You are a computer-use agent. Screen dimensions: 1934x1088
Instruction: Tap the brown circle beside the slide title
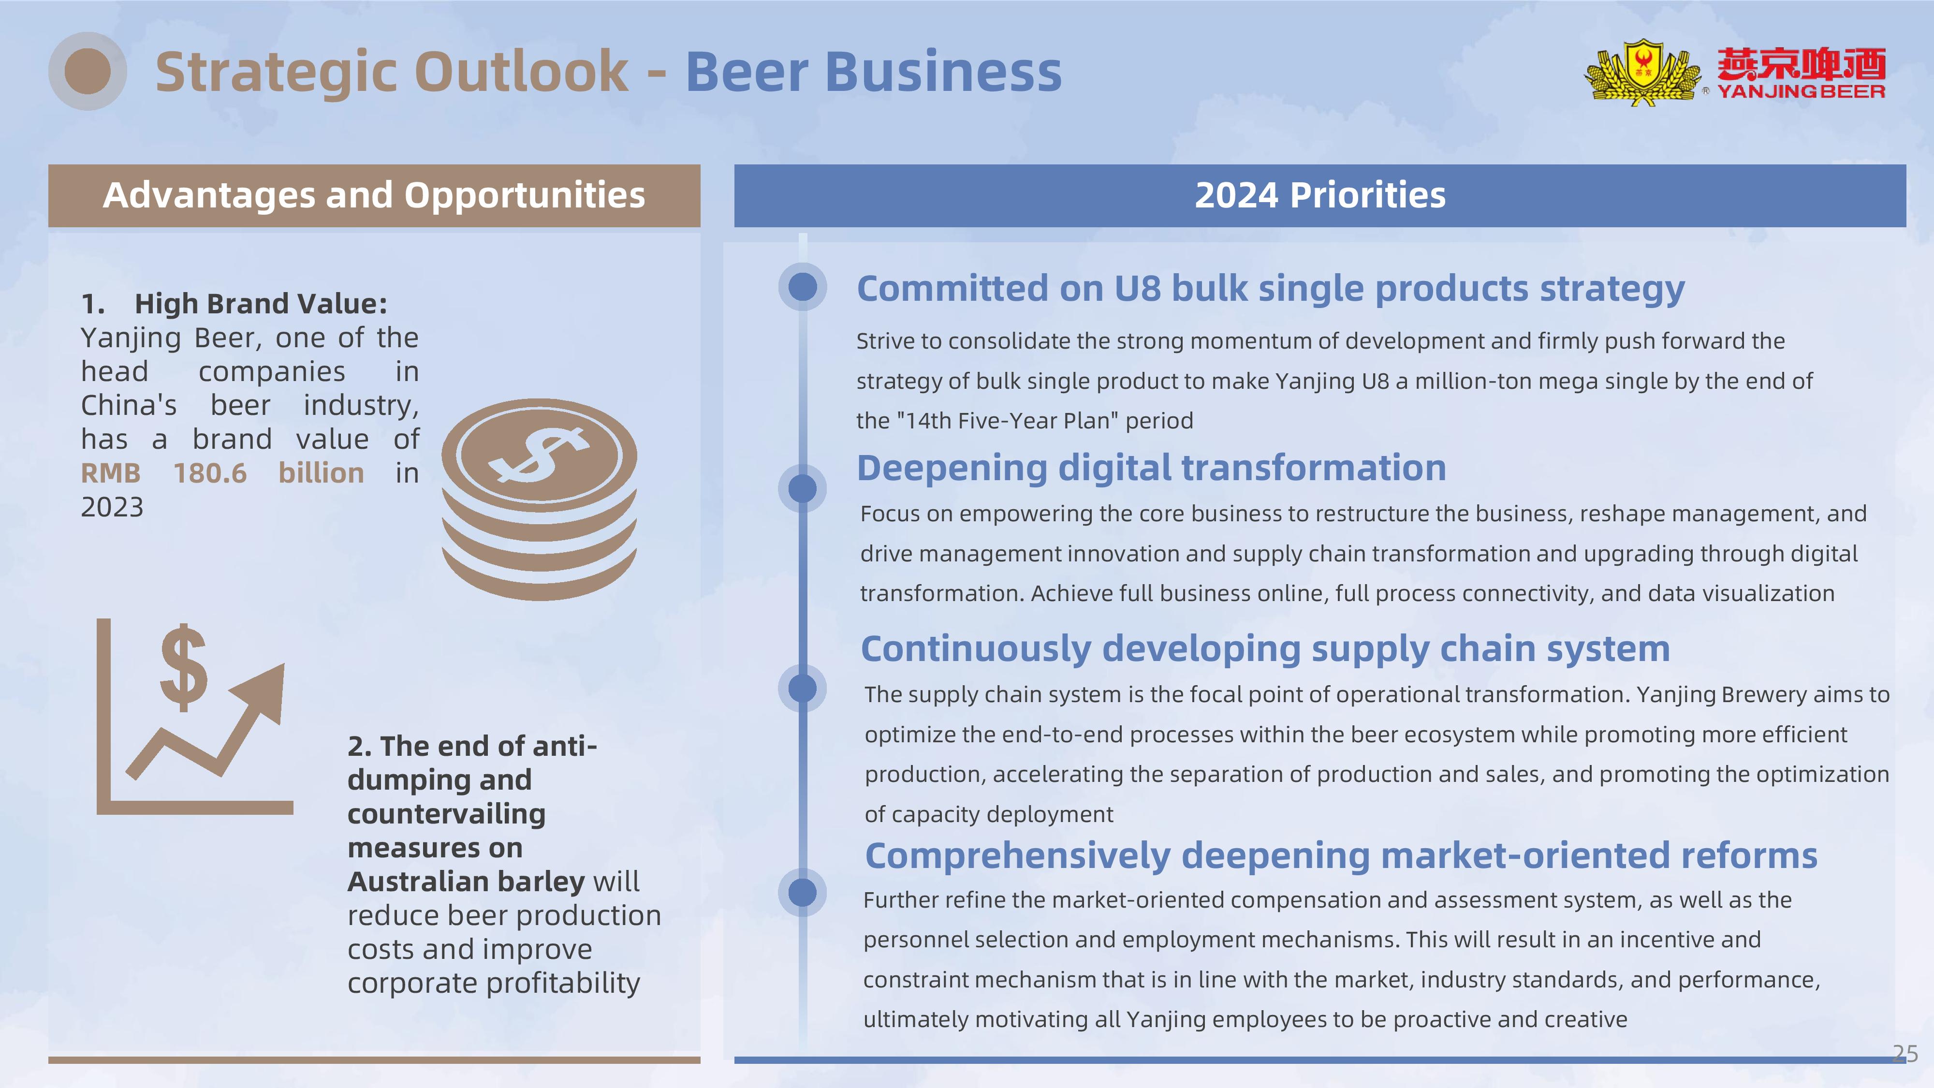pos(88,72)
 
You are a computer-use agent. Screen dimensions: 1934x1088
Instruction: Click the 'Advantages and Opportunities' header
pos(374,195)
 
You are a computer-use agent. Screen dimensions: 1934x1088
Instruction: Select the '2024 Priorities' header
pos(1320,195)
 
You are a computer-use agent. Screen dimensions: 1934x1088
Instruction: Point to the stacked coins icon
pos(539,500)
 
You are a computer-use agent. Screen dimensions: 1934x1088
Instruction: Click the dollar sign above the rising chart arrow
pos(183,667)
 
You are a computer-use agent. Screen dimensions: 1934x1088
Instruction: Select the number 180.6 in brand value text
pos(210,473)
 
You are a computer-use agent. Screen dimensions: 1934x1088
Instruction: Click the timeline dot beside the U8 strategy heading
pos(803,287)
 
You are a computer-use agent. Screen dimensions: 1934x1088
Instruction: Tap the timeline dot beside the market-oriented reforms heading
pos(803,893)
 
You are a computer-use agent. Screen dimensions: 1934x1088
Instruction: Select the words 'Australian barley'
pos(466,882)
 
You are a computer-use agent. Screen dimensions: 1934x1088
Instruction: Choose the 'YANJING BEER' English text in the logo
pos(1801,91)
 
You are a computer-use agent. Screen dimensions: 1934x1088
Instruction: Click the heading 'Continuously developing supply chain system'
pos(1265,649)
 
